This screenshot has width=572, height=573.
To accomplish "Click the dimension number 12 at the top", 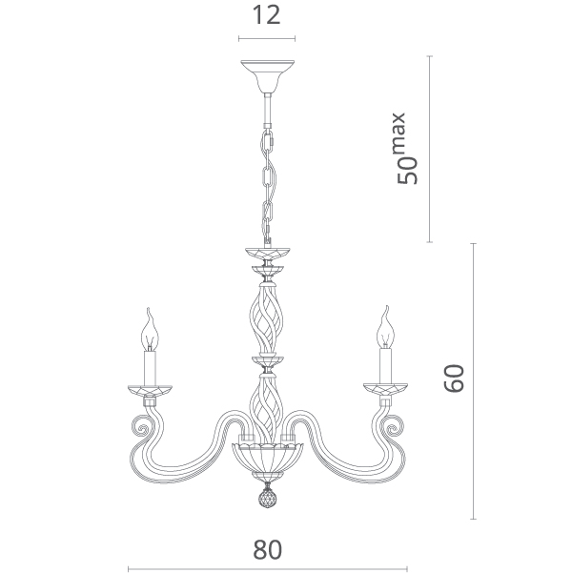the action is click(266, 15).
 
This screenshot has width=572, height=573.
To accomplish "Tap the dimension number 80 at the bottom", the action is click(267, 549).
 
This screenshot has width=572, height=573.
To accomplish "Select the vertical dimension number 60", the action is click(454, 379).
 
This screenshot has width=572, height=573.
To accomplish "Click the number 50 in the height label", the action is click(407, 171).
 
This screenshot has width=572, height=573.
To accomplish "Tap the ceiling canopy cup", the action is click(268, 76).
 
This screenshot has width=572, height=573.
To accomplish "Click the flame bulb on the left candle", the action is click(150, 330).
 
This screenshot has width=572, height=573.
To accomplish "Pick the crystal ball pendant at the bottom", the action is click(268, 498).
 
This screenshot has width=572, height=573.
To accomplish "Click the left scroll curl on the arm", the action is click(140, 426).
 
